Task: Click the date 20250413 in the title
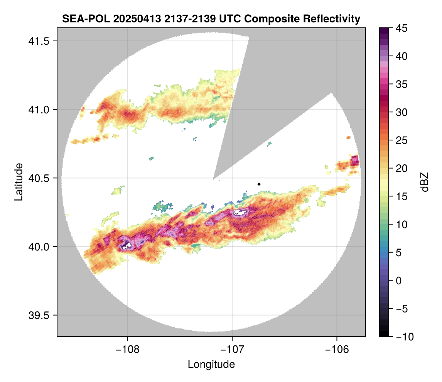pos(132,19)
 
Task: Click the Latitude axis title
pos(18,182)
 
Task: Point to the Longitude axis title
pos(211,364)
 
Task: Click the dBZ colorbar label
pos(425,182)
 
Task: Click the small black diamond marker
pos(259,184)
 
